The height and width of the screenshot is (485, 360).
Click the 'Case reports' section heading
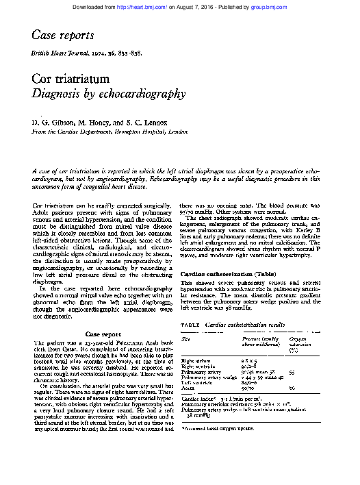(60, 34)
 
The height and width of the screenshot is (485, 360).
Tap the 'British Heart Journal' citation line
(86, 53)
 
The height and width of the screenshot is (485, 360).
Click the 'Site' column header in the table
(185, 340)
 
